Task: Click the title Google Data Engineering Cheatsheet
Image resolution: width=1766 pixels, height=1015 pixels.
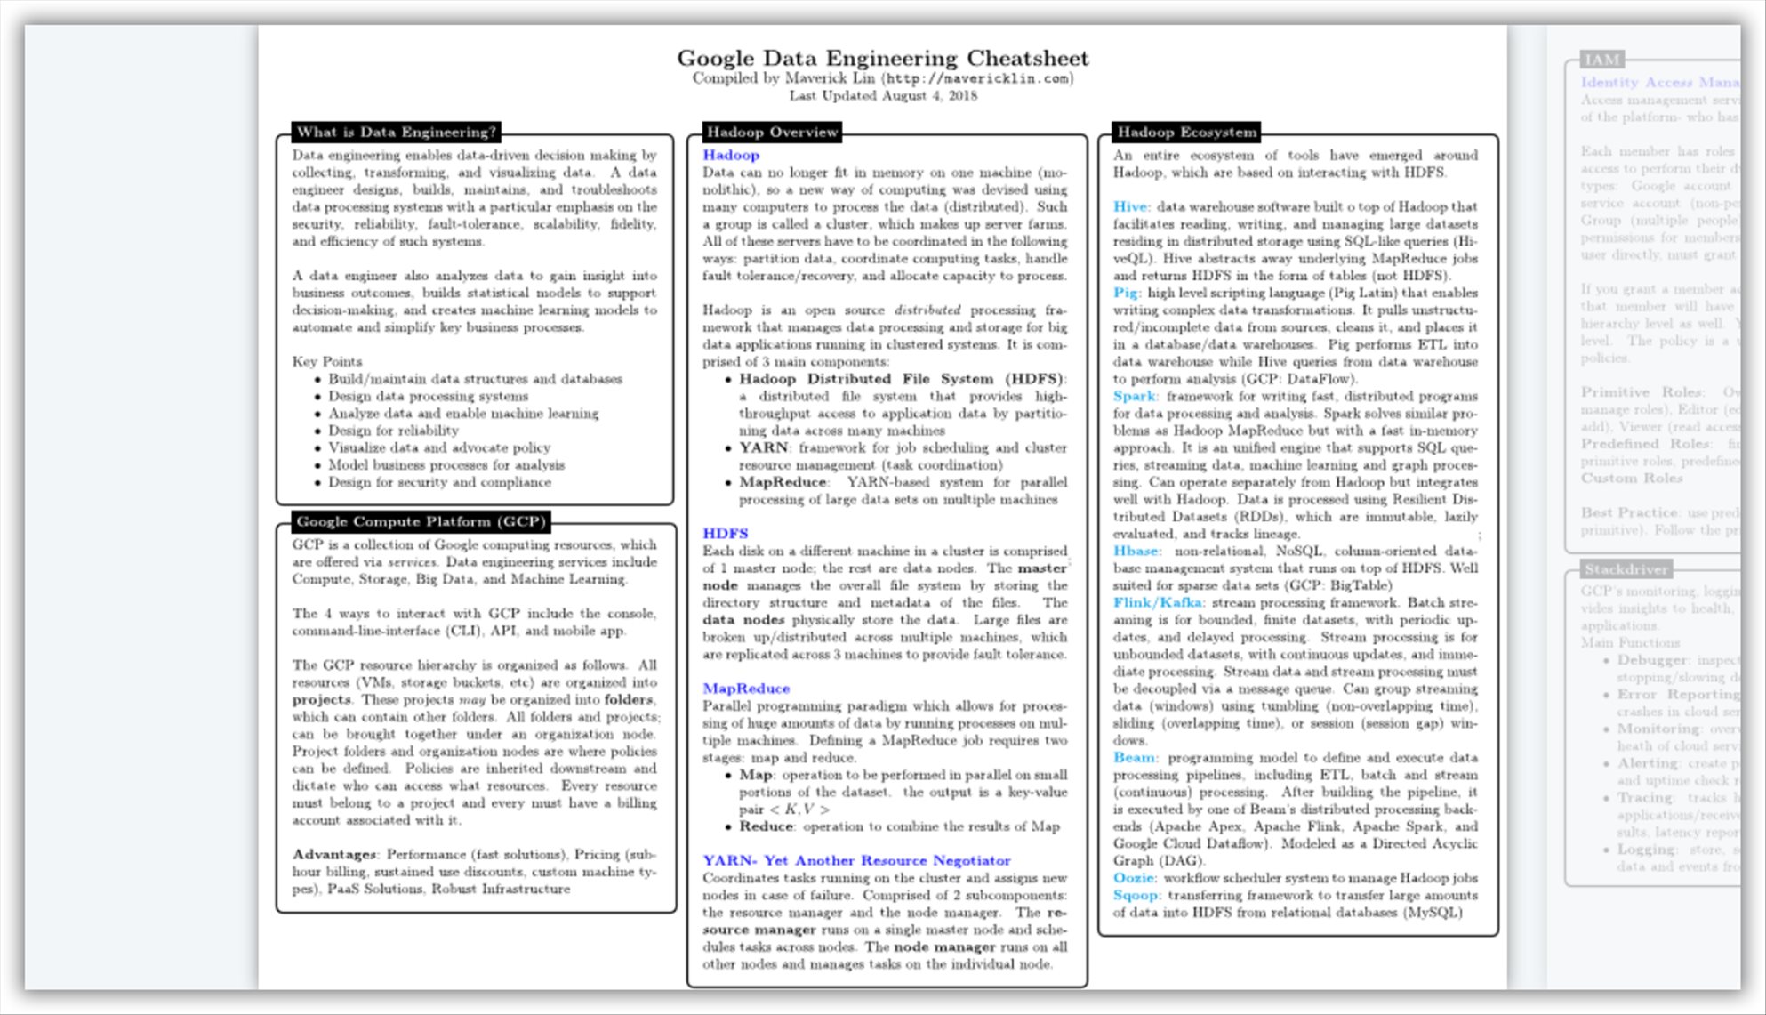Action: click(x=882, y=59)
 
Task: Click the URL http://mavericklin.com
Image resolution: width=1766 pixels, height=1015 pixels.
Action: click(x=977, y=79)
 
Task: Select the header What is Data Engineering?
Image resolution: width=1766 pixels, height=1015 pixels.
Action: click(x=396, y=133)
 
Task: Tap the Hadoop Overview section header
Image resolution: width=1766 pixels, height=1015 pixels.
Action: click(x=772, y=133)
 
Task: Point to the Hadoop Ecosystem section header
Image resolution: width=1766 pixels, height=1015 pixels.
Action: click(x=1187, y=133)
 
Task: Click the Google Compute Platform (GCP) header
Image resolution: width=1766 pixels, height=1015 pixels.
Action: click(x=421, y=522)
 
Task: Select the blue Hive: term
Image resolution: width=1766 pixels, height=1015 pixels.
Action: click(x=1131, y=207)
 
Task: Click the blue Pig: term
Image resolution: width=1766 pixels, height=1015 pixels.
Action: click(x=1126, y=293)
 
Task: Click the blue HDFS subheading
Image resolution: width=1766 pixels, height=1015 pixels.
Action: click(x=726, y=534)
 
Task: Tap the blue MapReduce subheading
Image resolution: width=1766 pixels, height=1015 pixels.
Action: click(x=746, y=689)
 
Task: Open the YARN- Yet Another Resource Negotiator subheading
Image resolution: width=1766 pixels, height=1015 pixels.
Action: click(x=856, y=861)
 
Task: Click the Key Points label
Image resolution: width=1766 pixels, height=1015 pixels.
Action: click(x=327, y=362)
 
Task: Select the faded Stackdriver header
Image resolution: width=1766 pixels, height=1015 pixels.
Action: click(x=1626, y=569)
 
